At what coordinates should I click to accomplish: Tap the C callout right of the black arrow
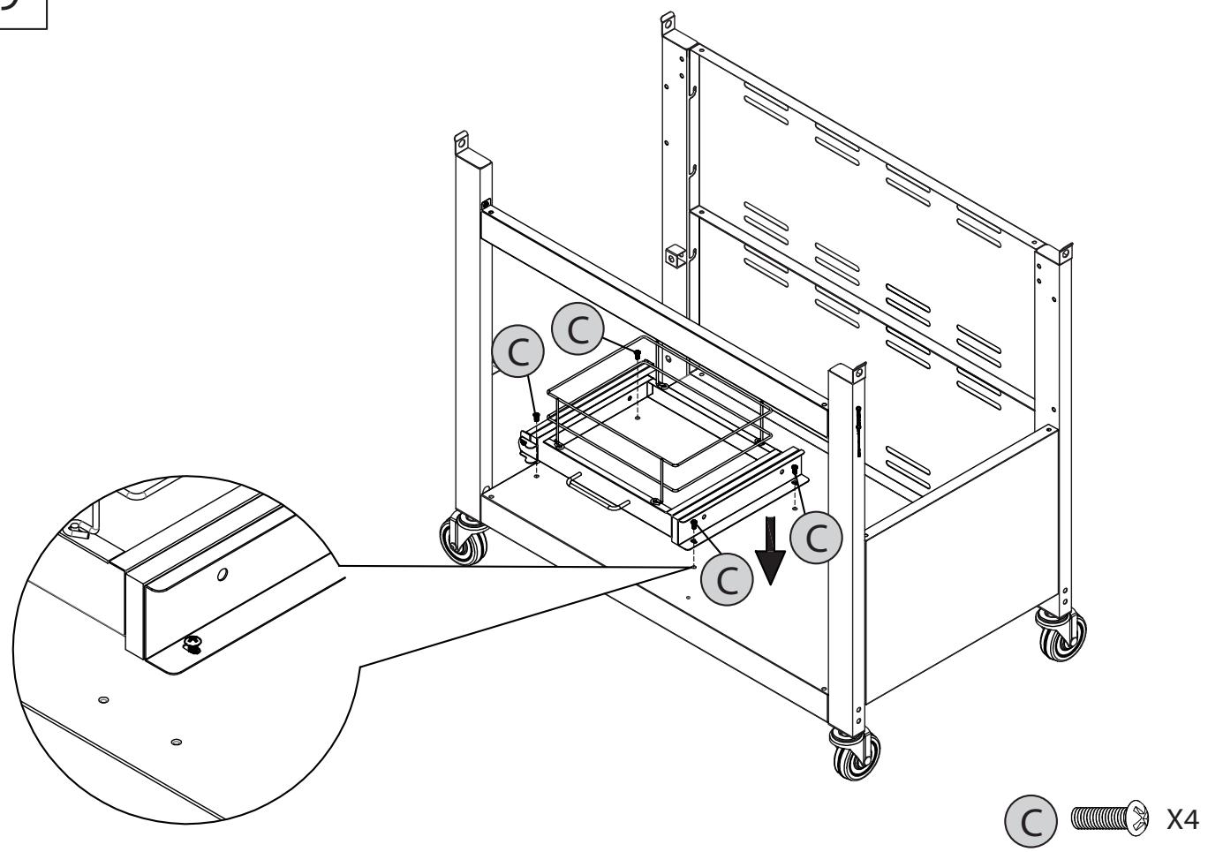click(x=815, y=539)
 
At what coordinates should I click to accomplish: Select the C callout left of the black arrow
click(x=726, y=578)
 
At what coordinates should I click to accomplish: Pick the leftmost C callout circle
click(x=520, y=351)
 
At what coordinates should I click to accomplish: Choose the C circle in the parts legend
click(x=1031, y=819)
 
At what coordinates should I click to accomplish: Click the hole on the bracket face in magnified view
click(x=222, y=576)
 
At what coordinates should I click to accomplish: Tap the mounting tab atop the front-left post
click(x=461, y=141)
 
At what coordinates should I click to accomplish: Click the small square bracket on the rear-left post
click(x=675, y=257)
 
